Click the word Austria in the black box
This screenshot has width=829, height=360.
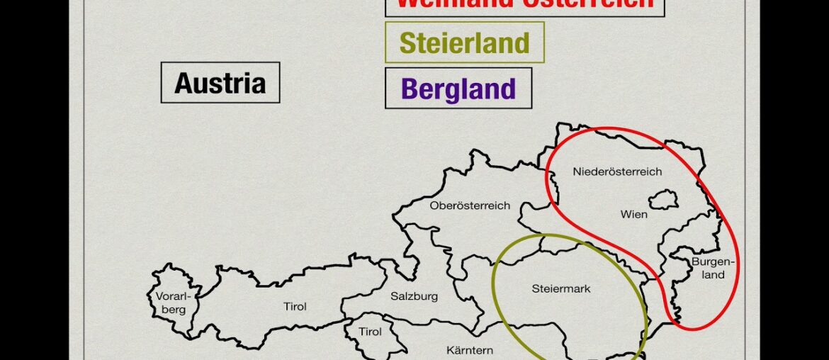(x=220, y=83)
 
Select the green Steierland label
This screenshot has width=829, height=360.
(x=464, y=43)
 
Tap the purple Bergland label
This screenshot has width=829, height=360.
(x=458, y=89)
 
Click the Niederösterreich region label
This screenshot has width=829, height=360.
(x=617, y=171)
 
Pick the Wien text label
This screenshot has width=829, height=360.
(x=633, y=214)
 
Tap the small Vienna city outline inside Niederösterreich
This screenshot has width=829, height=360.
(x=663, y=199)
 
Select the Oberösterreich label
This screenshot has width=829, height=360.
(x=470, y=206)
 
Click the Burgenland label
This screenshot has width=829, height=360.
(x=714, y=268)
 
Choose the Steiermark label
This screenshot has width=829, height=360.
(x=560, y=288)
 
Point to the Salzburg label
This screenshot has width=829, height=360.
(x=414, y=296)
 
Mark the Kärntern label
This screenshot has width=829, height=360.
(x=470, y=350)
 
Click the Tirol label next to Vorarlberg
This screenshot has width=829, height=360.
(x=295, y=307)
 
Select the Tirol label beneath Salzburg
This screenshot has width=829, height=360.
(x=370, y=332)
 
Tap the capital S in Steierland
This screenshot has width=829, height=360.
(x=407, y=43)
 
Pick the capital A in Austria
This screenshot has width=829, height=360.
(x=184, y=83)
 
